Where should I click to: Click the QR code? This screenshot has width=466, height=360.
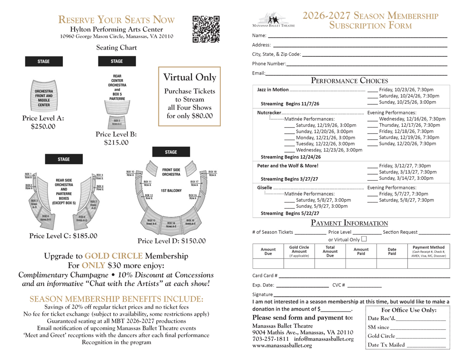(x=206, y=29)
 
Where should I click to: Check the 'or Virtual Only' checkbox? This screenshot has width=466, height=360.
(x=363, y=239)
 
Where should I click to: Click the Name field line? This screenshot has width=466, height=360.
(x=357, y=37)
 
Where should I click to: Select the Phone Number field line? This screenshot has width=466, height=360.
(x=366, y=65)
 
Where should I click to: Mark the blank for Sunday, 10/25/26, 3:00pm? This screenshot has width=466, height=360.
(x=372, y=102)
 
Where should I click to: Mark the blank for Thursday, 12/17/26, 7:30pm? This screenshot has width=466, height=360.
(x=372, y=125)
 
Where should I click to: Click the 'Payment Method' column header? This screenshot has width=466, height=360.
(x=429, y=251)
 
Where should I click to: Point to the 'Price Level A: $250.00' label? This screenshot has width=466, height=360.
(x=43, y=122)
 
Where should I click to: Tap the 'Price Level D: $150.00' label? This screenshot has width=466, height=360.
(x=171, y=241)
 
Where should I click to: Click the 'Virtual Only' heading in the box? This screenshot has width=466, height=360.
(x=190, y=77)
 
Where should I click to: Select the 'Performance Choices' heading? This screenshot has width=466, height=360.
(x=349, y=81)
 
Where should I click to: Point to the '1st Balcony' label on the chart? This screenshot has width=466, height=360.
(x=171, y=190)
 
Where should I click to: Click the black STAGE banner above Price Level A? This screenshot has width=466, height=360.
(x=43, y=61)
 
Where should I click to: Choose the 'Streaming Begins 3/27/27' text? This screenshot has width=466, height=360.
(x=289, y=179)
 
